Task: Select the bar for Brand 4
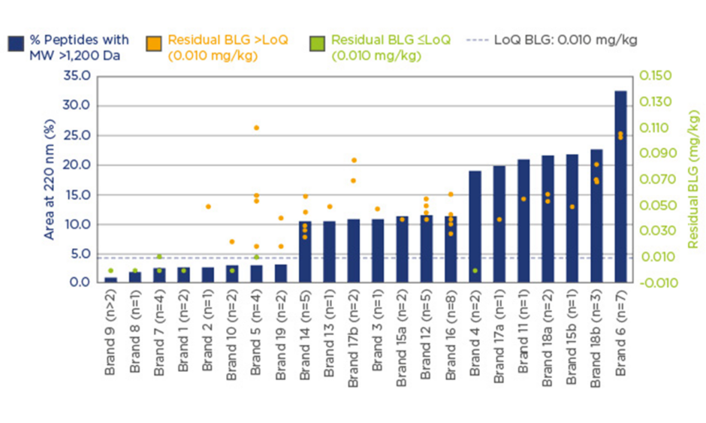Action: click(x=475, y=225)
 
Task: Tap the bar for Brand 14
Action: click(x=305, y=252)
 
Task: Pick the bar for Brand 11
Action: click(x=523, y=221)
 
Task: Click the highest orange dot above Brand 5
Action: click(x=256, y=128)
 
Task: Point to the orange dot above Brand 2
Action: click(x=208, y=207)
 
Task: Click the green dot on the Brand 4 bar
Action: click(x=475, y=270)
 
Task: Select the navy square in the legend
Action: click(x=16, y=42)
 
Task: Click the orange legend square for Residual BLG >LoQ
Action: click(x=155, y=42)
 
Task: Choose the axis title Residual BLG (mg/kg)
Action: click(x=692, y=180)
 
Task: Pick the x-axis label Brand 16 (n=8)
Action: click(x=451, y=331)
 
